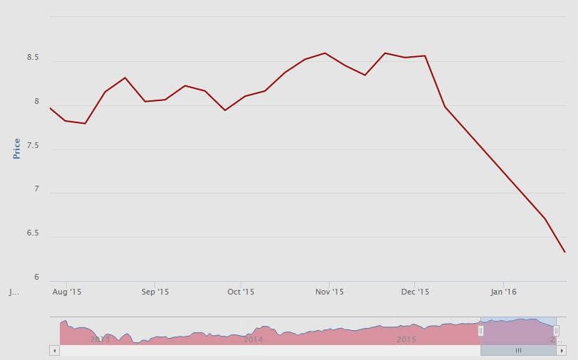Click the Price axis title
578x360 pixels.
pos(16,148)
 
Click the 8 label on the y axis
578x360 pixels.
pos(35,102)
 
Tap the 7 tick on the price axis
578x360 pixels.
pos(35,190)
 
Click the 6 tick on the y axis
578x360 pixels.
pos(35,277)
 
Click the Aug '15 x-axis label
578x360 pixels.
pos(66,292)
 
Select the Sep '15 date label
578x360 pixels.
pos(154,292)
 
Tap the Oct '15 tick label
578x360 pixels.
pos(241,292)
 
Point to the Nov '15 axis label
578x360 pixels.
pos(329,292)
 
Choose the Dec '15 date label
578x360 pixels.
pos(415,292)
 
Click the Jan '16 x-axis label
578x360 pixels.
pos(503,292)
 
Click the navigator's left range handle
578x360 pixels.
pos(480,331)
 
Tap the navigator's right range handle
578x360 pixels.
pos(556,331)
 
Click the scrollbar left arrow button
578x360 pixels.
pos(54,350)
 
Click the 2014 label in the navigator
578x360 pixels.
pos(253,339)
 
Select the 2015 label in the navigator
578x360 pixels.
pos(406,339)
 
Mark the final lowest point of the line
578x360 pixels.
pos(564,252)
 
